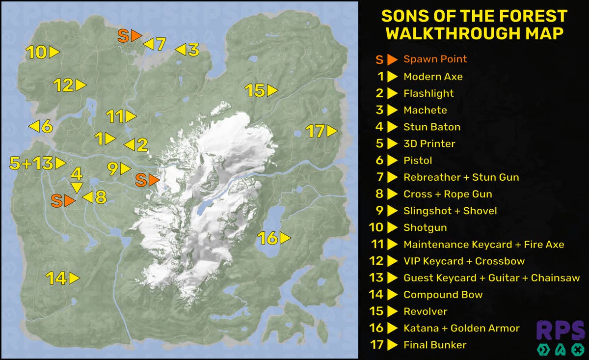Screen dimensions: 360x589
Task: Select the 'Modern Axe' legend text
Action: click(432, 77)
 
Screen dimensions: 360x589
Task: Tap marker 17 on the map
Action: click(322, 131)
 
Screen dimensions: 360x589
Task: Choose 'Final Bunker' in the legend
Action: click(434, 345)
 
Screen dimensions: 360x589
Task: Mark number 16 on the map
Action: click(274, 239)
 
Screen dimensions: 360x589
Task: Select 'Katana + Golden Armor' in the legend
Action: click(461, 328)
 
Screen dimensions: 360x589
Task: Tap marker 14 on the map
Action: click(62, 278)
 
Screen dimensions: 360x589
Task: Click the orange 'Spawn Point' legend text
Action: click(435, 59)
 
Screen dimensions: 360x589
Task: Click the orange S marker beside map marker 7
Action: click(130, 35)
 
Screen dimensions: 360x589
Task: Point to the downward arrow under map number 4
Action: click(77, 188)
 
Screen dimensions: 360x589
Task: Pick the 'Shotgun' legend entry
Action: click(425, 227)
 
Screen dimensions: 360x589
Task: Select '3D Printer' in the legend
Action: click(429, 143)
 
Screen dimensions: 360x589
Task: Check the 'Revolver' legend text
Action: click(425, 311)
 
